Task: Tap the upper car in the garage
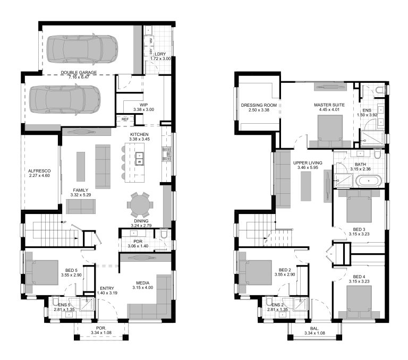tap(82, 48)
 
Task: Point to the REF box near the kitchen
tap(125, 119)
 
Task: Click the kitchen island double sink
tap(140, 158)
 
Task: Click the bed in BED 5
tap(41, 272)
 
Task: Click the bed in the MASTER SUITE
tap(329, 130)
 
